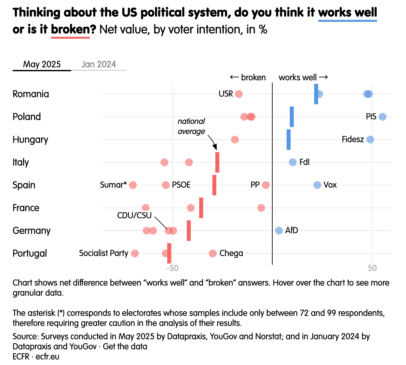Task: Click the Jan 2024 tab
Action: tap(99, 64)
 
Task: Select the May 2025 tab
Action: tap(42, 64)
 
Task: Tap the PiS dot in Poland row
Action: tap(383, 117)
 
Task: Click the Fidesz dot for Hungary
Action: tap(370, 140)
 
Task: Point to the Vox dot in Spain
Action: tap(317, 185)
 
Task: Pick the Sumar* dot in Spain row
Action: tap(133, 185)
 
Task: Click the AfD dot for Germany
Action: tap(279, 231)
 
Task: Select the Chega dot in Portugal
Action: tap(213, 253)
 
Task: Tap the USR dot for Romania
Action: tap(239, 94)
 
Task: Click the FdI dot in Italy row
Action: tap(293, 162)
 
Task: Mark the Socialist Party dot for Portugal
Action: tap(135, 253)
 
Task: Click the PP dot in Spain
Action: tap(266, 185)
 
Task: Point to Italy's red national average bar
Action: tap(217, 162)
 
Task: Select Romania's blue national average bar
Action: tap(316, 94)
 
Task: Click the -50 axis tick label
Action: tap(172, 268)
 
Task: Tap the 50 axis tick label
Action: tap(372, 268)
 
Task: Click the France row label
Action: tap(26, 208)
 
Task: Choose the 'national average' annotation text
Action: tap(191, 126)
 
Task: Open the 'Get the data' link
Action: tap(125, 346)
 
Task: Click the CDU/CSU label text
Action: tap(134, 215)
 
